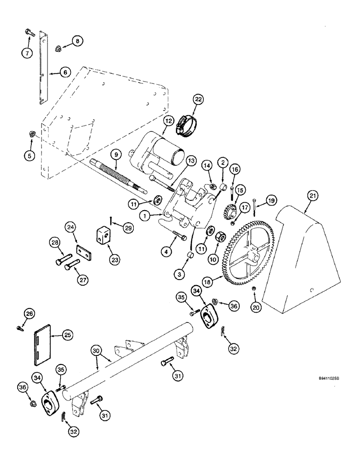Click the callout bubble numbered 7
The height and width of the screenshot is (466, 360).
tap(28, 53)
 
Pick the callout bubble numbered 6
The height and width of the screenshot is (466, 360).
tap(65, 72)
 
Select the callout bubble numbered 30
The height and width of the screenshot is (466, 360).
tap(95, 349)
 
